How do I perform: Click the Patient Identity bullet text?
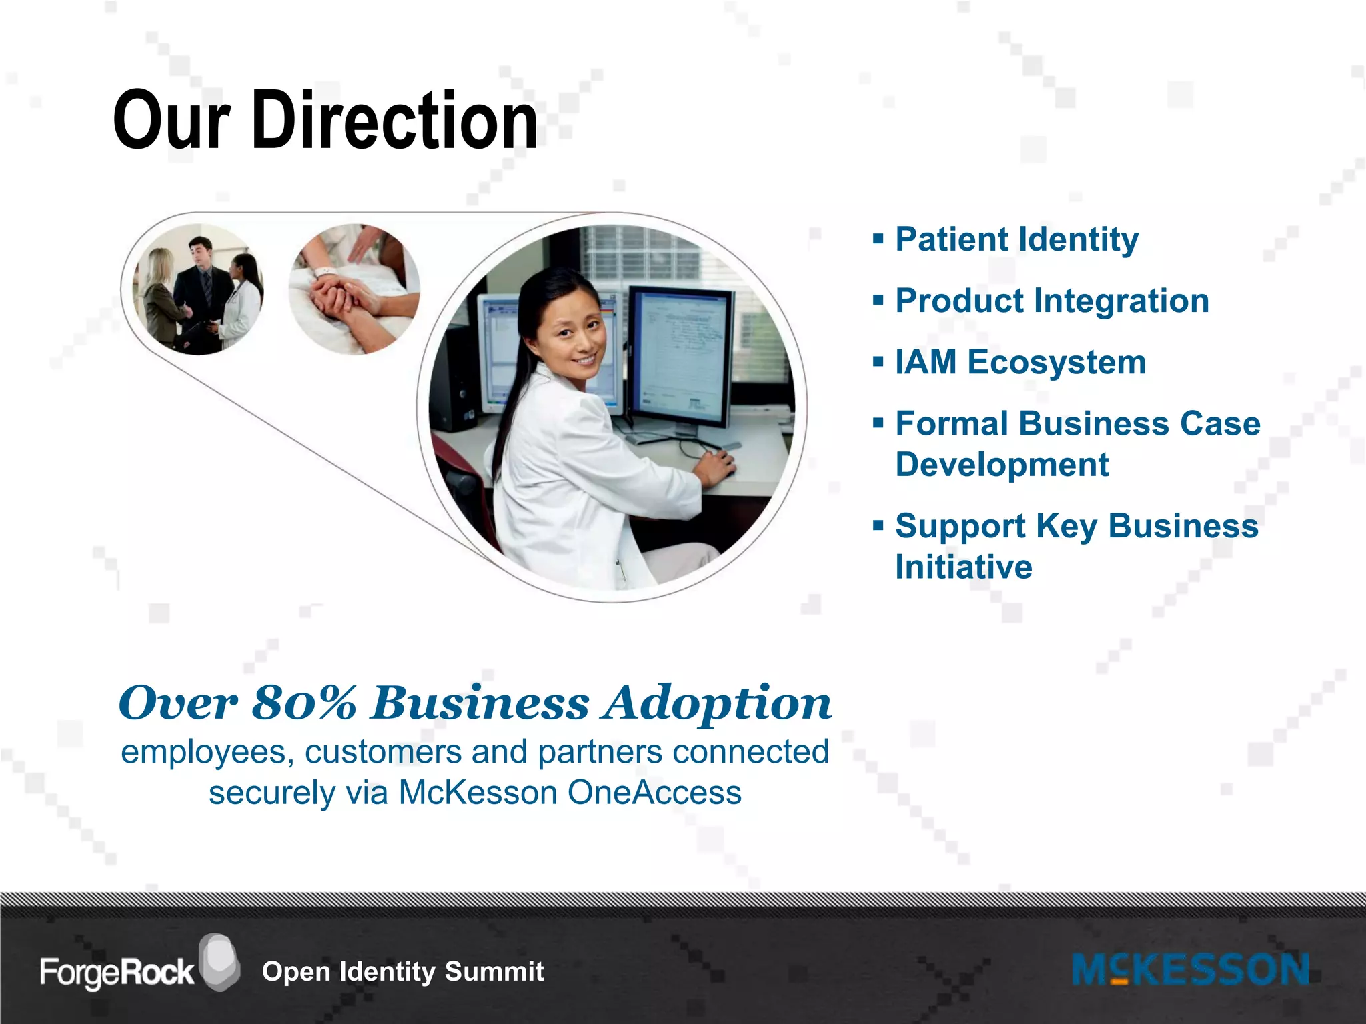1016,239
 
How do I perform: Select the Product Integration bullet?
1052,301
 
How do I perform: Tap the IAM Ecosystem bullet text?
1020,363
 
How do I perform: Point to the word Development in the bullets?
1002,465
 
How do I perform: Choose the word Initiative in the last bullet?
963,567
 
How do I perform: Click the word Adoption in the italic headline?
716,704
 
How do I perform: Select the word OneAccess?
654,793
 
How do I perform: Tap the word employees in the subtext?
203,753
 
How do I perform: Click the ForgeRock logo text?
117,973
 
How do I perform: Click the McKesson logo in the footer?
1190,970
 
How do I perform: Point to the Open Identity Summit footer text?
403,972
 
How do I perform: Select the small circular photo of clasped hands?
354,289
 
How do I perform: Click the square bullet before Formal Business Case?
878,423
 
